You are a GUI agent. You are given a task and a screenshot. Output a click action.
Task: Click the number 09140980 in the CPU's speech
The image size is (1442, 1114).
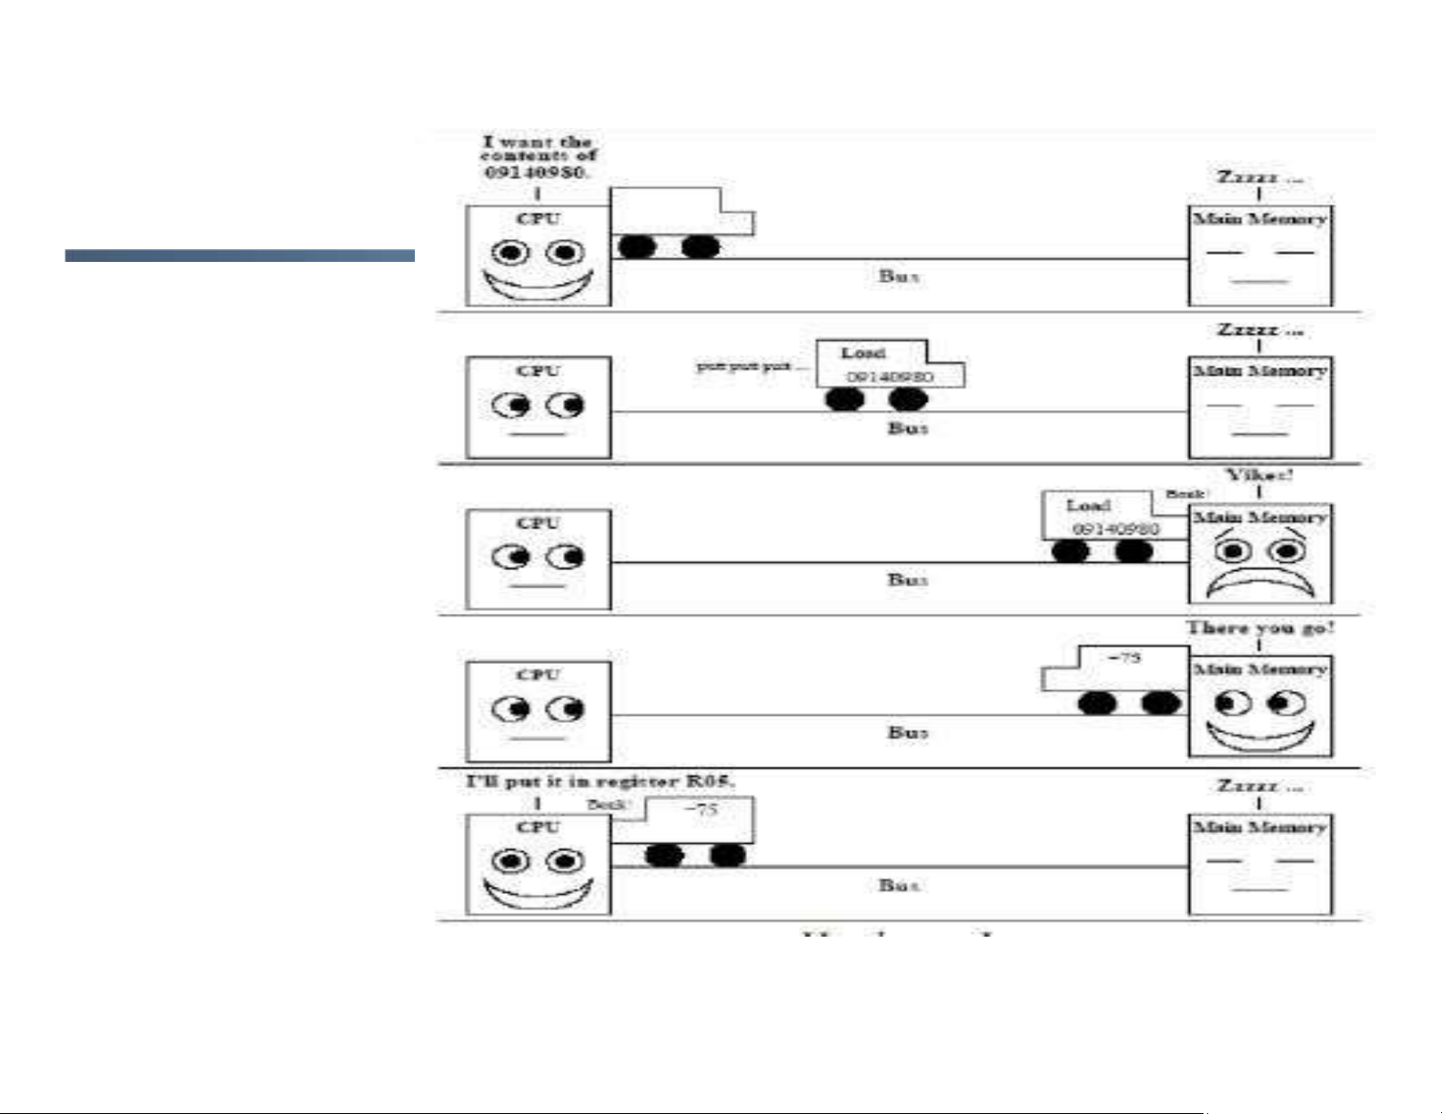[535, 172]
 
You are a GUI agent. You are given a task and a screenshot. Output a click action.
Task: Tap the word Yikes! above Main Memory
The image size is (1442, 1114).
[1259, 476]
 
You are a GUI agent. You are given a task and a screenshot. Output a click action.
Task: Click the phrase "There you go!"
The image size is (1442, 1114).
[1259, 628]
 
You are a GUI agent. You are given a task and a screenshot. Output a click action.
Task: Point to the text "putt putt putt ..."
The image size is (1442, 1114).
[751, 366]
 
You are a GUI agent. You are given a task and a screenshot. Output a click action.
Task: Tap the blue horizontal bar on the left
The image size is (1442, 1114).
[239, 256]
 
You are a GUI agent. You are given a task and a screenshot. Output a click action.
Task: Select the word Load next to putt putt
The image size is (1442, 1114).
[862, 353]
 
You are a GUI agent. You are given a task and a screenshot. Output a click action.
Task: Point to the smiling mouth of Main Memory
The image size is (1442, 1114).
[1260, 735]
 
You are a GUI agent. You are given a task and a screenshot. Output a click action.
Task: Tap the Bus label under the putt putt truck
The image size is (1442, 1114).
[907, 427]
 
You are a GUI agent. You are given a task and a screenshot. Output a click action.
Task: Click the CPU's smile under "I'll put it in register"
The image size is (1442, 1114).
[538, 892]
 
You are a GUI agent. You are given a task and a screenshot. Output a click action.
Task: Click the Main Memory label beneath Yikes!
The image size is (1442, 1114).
[1260, 517]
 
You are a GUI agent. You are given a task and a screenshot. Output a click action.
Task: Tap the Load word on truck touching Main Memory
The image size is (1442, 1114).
[1088, 506]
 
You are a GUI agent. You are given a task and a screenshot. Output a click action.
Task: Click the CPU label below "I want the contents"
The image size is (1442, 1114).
[538, 219]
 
